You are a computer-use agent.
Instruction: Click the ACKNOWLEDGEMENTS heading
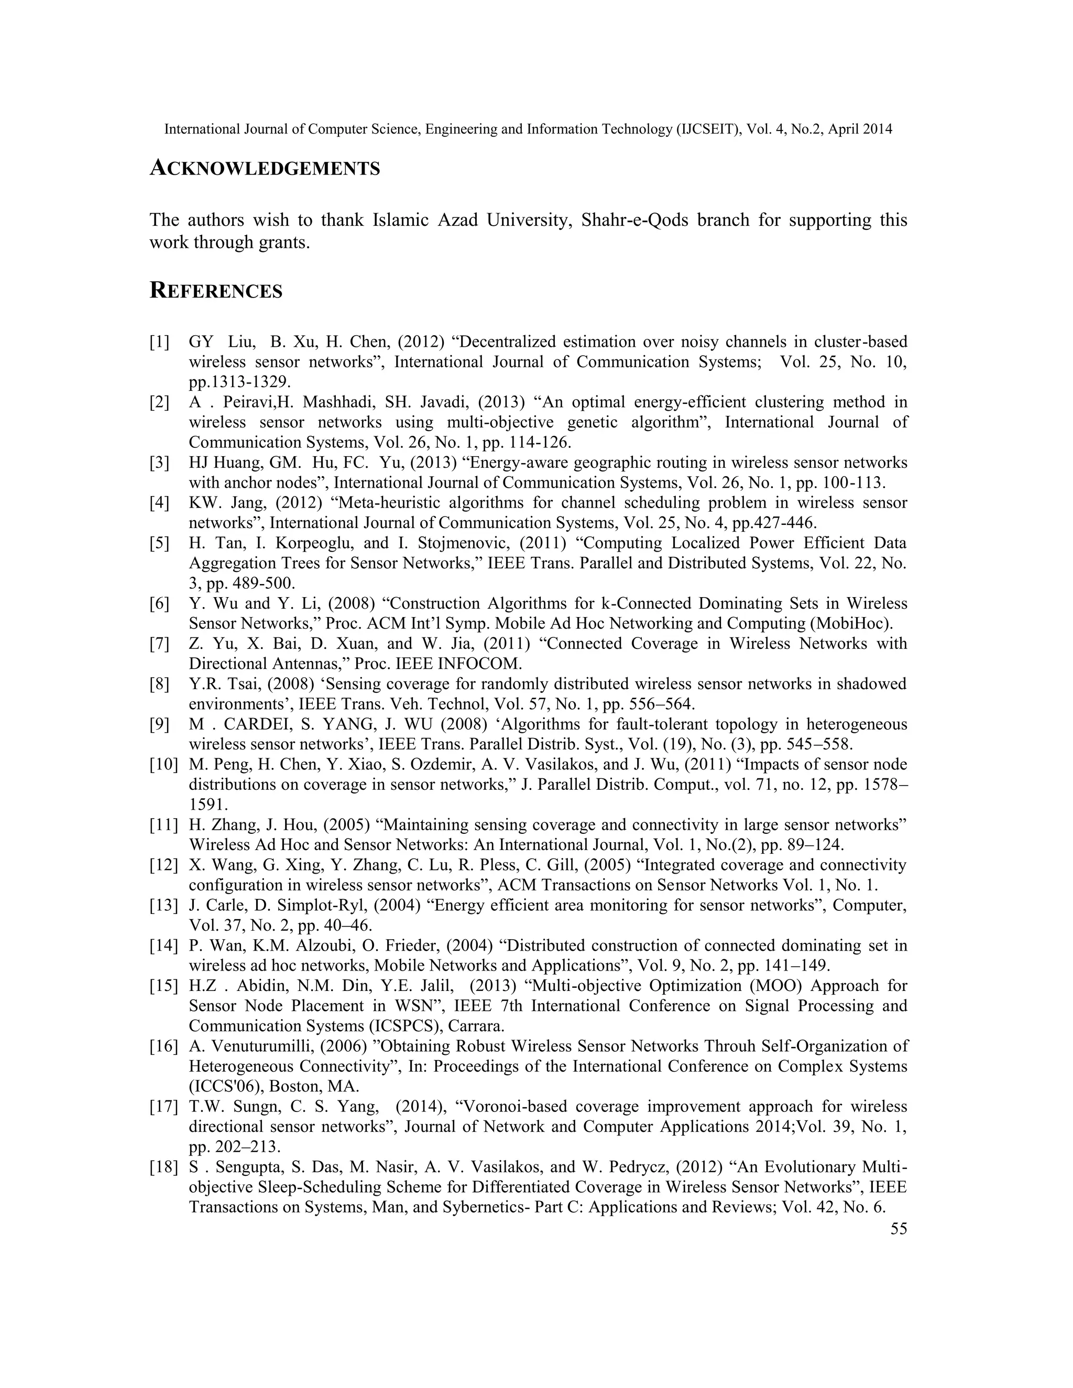[265, 169]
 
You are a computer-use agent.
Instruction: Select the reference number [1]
[160, 343]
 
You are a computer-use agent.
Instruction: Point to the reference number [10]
[163, 765]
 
